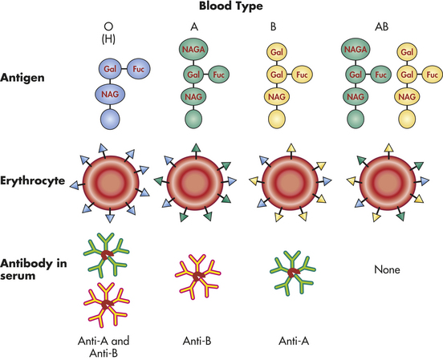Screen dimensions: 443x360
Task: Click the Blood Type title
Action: coord(231,6)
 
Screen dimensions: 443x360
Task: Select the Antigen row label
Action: coord(22,78)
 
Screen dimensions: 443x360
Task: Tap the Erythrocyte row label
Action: coord(32,180)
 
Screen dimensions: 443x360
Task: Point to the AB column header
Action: coord(381,26)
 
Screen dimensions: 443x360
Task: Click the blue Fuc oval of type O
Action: coord(138,69)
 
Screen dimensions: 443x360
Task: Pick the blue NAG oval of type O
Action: coord(110,94)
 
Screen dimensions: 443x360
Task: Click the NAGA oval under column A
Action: coord(193,50)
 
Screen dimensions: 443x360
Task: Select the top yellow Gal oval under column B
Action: coord(277,52)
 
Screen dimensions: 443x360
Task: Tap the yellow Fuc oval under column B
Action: coord(302,75)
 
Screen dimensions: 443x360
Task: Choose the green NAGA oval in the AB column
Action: coord(356,50)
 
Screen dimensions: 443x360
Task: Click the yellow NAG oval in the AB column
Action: coord(407,97)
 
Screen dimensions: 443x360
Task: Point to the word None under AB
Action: coord(387,269)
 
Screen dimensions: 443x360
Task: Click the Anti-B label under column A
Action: coord(197,341)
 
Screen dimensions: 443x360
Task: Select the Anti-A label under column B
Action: coord(294,341)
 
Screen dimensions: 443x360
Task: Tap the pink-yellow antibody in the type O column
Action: coord(107,305)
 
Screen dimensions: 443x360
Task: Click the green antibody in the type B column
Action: coord(293,273)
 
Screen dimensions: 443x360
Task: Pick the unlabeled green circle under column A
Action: coord(193,119)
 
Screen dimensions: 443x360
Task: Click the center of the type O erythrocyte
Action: coord(111,183)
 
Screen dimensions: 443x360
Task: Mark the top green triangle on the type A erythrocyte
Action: coord(196,148)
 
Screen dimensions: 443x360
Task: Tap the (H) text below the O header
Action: coord(108,39)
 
